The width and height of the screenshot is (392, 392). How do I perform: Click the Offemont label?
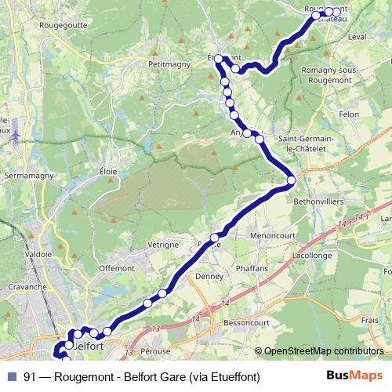tap(117, 268)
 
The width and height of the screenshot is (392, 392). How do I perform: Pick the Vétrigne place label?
tap(163, 245)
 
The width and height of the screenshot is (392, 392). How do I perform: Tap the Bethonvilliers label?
tap(318, 201)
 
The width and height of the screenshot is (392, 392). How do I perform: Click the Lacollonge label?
tap(311, 256)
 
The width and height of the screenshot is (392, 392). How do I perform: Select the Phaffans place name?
tap(252, 267)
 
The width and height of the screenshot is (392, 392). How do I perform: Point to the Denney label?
tap(209, 277)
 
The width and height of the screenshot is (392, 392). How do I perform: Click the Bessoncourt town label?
tap(246, 322)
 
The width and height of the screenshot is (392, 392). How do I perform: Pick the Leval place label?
tap(356, 37)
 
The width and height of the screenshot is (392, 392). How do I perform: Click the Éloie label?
tap(108, 171)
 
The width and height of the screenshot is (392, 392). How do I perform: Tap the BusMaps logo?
tap(349, 376)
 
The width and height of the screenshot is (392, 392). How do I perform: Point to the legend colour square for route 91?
tap(10, 376)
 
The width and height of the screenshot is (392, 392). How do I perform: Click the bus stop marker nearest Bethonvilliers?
tap(291, 180)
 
